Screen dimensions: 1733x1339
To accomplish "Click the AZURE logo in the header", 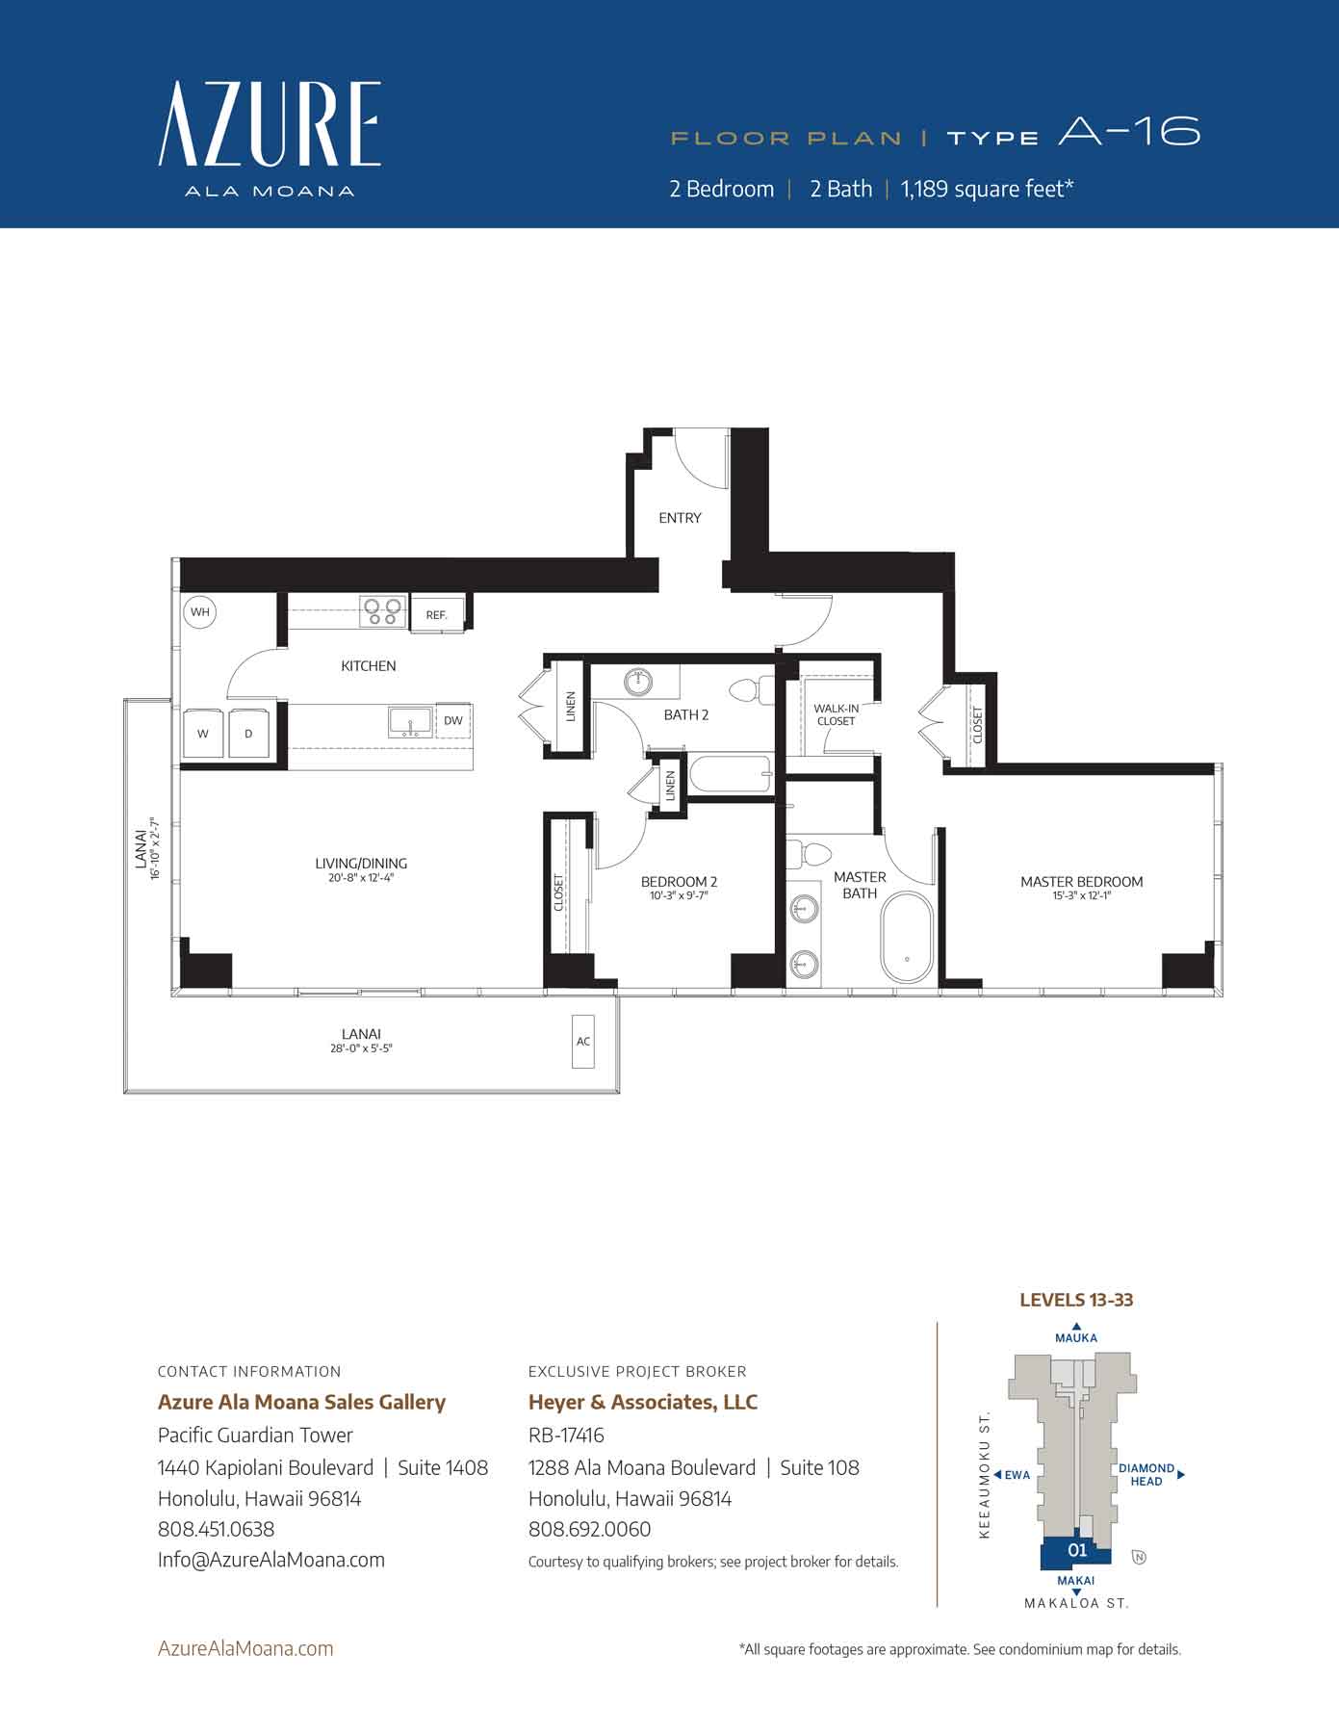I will (x=270, y=125).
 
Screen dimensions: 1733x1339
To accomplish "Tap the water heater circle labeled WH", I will (x=199, y=612).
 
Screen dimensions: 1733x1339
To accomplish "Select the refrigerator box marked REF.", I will (x=437, y=614).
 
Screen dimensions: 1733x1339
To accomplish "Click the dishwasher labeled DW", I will (x=452, y=720).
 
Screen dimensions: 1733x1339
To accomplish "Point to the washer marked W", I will (x=203, y=734).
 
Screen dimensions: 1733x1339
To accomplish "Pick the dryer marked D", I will (x=248, y=734).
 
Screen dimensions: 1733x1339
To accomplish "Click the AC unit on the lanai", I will (x=583, y=1041).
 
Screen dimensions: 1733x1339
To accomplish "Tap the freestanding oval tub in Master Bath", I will (x=907, y=938).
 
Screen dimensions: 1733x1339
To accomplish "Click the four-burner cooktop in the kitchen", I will (x=382, y=611).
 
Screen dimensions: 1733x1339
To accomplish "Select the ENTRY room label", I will (x=680, y=518).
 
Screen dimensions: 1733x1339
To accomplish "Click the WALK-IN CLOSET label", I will (x=836, y=714).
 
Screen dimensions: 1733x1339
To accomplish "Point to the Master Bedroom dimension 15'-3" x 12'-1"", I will (x=1082, y=896).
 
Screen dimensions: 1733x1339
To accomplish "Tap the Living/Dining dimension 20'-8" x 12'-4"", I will (x=361, y=878).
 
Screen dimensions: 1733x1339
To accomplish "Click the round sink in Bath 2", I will (x=638, y=682).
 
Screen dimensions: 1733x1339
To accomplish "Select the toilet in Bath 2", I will (x=749, y=689).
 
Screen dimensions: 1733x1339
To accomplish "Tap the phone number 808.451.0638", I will (x=217, y=1529).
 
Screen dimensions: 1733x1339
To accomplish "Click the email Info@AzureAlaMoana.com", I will (x=271, y=1560).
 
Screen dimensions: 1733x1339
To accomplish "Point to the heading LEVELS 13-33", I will (x=1076, y=1300).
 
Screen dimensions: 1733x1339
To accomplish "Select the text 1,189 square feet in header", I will (x=986, y=189).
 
